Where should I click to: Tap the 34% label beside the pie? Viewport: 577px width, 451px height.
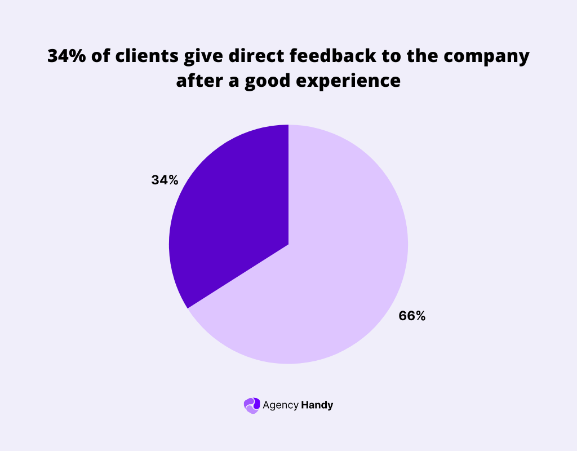[165, 180]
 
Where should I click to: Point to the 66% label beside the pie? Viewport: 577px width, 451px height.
[412, 316]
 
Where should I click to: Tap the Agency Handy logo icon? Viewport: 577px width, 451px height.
[251, 405]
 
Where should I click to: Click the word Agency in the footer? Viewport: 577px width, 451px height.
[280, 405]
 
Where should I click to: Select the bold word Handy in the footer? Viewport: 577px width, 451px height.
[317, 405]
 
